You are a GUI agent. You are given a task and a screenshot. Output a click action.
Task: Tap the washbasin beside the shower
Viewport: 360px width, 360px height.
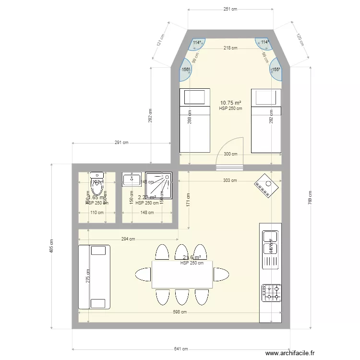131,180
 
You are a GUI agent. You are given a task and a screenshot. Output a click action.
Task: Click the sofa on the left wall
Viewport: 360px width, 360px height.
94,277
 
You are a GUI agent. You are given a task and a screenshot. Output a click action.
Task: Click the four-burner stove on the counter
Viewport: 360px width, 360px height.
271,292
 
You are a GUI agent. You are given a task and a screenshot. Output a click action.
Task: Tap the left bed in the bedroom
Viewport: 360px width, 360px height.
194,120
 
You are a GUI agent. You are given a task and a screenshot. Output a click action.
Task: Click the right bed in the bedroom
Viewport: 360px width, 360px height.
266,120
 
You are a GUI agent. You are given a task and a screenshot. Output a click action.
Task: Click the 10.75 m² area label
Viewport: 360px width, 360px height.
230,103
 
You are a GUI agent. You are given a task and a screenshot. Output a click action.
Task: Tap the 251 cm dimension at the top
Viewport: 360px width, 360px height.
230,9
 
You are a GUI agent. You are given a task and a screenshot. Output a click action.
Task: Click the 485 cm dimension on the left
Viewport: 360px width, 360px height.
52,247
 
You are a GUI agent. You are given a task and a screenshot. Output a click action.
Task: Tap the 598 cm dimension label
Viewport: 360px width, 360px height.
180,312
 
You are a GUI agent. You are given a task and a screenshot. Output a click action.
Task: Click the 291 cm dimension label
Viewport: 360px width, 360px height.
121,143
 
